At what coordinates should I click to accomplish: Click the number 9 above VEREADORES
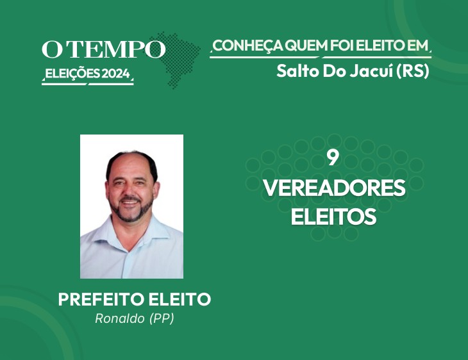click(x=333, y=158)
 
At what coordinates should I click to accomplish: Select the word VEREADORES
click(x=334, y=188)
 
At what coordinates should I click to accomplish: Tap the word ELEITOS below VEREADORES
click(x=333, y=217)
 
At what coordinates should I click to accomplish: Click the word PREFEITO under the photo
click(x=101, y=299)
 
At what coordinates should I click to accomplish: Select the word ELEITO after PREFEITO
click(x=180, y=299)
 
